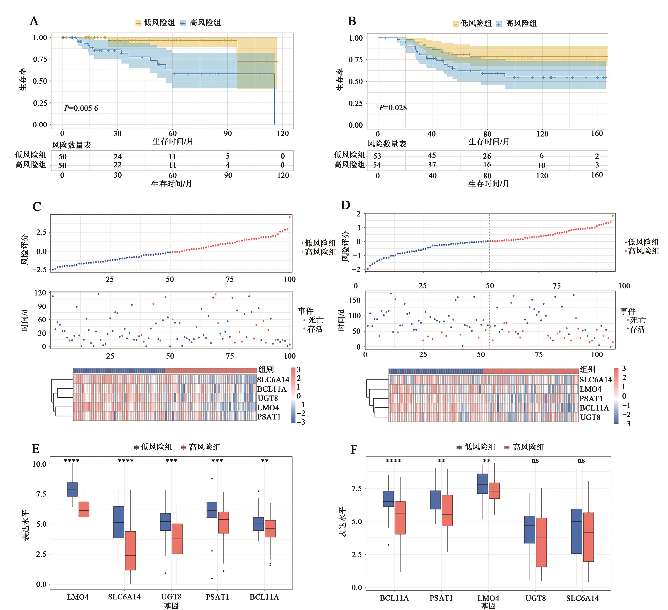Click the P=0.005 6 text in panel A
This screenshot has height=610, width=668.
[81, 108]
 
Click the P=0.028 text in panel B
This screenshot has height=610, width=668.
[393, 108]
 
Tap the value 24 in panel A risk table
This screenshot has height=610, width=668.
[118, 156]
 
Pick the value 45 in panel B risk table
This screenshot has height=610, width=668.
[432, 155]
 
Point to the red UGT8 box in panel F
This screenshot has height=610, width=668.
[541, 542]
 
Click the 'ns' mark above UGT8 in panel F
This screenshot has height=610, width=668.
[535, 461]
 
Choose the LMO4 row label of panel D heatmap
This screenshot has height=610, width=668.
[590, 389]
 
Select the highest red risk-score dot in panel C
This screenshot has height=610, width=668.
[290, 217]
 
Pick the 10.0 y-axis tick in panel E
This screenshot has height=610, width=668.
[39, 464]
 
